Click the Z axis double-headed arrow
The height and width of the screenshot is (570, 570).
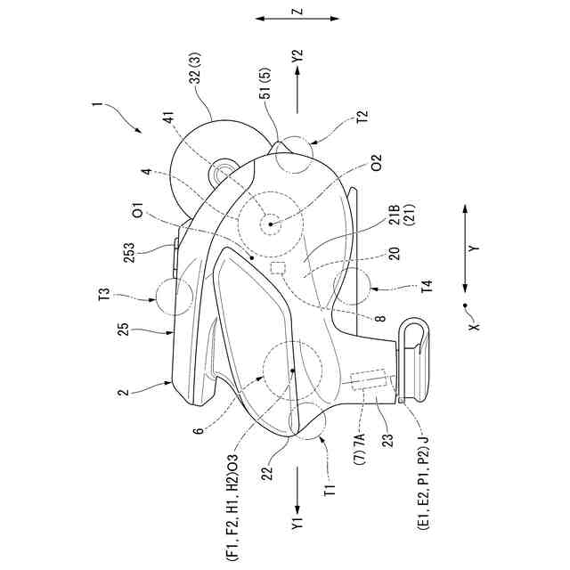(x=297, y=17)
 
